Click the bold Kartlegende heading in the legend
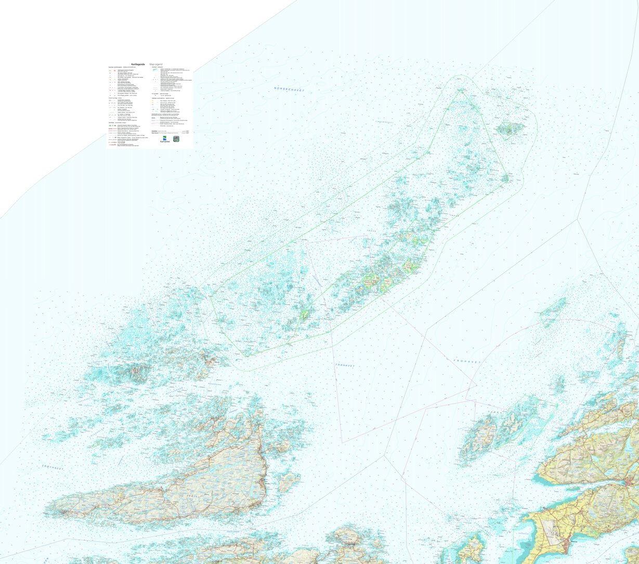click(138, 64)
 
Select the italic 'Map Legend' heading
click(157, 64)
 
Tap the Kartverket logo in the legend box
click(165, 139)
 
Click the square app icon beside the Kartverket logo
click(177, 139)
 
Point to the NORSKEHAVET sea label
click(289, 89)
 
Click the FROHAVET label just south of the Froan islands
click(345, 365)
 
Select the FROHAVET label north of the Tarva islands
click(467, 361)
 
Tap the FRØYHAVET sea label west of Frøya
click(53, 468)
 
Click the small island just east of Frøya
click(287, 481)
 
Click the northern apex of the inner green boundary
click(460, 91)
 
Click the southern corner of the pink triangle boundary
click(342, 442)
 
